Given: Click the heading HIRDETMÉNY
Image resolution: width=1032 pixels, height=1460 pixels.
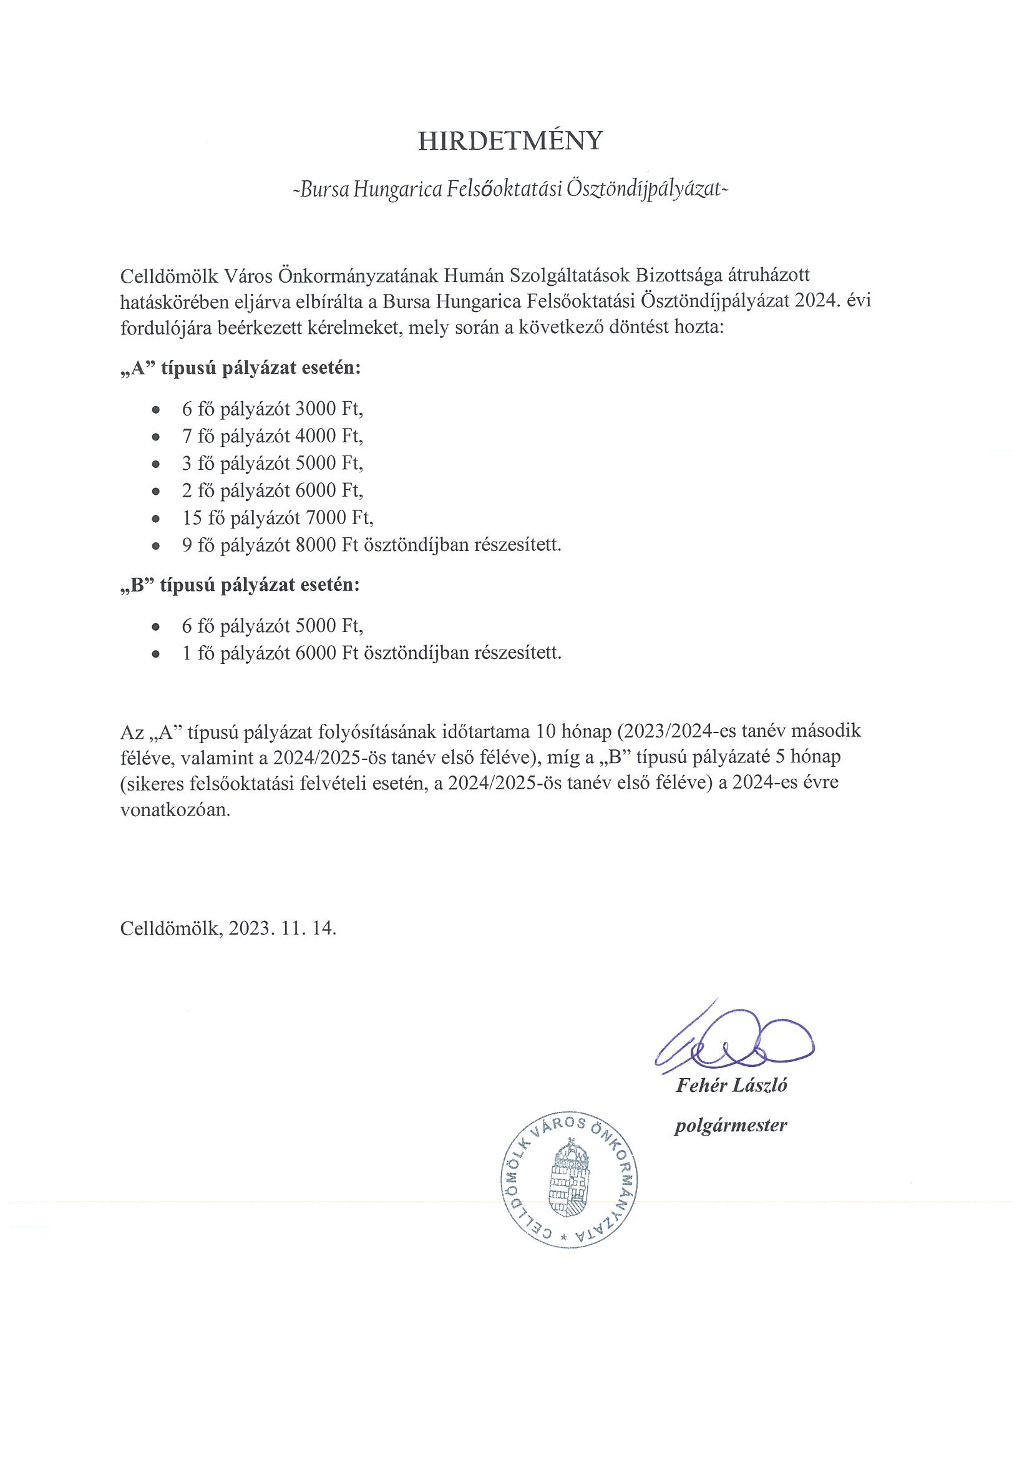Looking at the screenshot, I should click(x=509, y=140).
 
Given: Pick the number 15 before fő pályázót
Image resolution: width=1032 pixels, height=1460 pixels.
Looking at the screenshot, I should click(x=192, y=518).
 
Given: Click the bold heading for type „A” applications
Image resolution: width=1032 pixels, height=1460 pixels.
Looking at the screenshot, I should click(x=240, y=368).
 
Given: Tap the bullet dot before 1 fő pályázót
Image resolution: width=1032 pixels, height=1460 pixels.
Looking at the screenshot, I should click(x=156, y=655).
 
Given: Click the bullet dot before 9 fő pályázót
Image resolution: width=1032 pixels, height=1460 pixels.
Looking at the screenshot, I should click(x=156, y=546).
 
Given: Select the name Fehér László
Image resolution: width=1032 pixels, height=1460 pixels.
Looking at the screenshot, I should click(x=731, y=1085).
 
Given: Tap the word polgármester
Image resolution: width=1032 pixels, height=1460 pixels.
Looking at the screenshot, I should click(x=731, y=1125).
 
